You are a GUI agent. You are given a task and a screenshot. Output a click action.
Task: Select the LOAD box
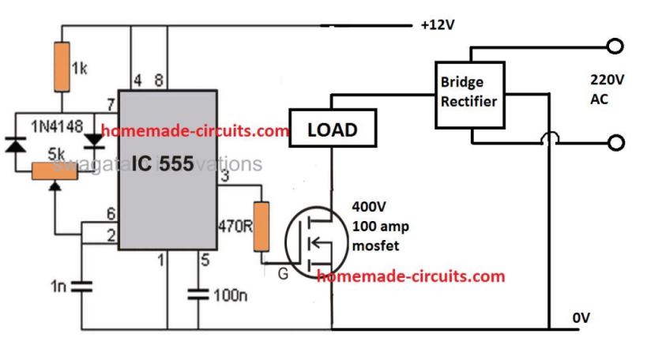[x=331, y=129]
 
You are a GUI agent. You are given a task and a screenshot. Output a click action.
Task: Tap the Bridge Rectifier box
[x=468, y=93]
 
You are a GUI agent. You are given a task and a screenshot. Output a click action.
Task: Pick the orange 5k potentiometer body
[x=55, y=170]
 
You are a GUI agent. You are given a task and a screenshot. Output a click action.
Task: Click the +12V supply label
[x=438, y=25]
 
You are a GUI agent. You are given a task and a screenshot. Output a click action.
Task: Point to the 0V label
[x=582, y=318]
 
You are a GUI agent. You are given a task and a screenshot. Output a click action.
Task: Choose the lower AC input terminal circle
[x=617, y=143]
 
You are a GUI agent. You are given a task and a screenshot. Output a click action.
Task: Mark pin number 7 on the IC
[x=109, y=105]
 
